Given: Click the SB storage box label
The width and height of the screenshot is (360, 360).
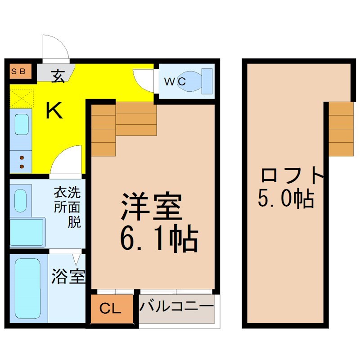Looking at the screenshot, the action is coord(18,71).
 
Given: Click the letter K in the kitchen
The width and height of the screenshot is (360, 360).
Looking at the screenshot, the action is coord(54,110).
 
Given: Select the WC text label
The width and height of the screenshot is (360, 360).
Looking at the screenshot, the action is coord(175,81).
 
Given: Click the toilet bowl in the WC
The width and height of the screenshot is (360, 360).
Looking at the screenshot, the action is coord(193,81).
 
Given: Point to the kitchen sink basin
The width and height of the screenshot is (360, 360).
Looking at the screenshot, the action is coord(22,124).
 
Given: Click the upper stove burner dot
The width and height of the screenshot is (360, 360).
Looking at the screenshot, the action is coord(22,158).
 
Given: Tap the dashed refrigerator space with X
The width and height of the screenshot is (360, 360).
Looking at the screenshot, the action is coord(22,99).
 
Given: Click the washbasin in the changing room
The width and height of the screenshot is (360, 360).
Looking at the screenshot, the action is coord(20,201).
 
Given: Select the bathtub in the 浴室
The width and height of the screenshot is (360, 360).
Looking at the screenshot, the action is coord(27,288).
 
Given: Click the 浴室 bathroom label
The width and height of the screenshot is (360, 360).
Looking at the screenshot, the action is coord(68,276).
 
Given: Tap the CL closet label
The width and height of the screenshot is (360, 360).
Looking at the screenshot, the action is coord(110,309).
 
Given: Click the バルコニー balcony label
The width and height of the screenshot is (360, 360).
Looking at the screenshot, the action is coord(176,306).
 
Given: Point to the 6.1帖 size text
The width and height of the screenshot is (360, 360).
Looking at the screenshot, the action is coord(159,238).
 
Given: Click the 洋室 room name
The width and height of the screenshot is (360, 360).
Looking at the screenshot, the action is coord(152,206).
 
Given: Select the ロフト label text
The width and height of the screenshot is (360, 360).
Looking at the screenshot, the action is coord(292,176).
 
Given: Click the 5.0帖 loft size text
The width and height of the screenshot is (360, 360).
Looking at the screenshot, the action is coord(286,198).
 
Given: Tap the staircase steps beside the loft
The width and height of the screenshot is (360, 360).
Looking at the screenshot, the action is coord(341,129).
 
